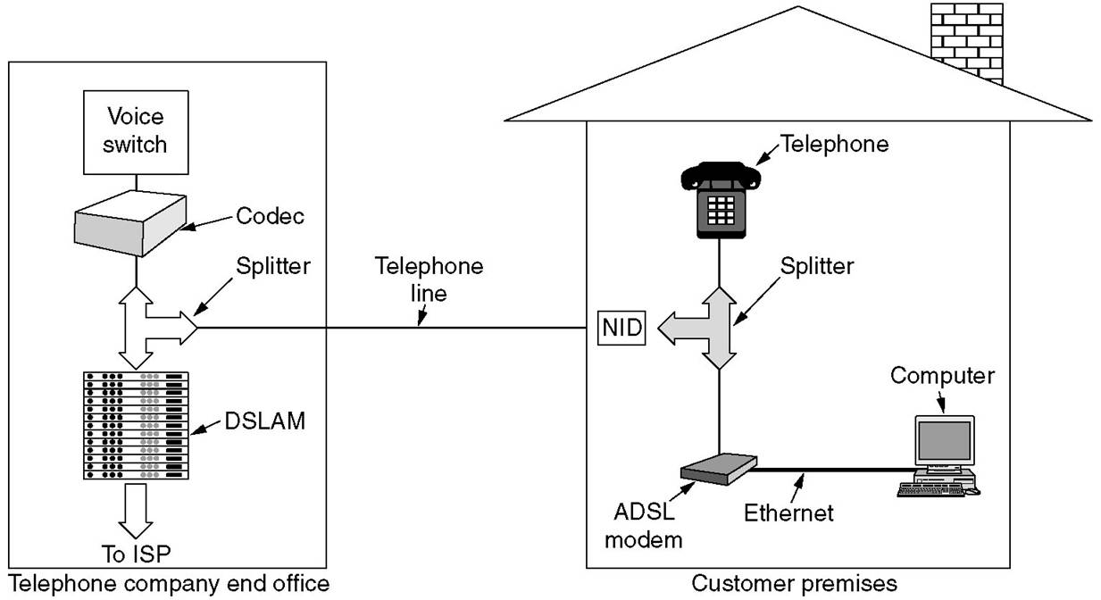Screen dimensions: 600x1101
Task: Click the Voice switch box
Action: [135, 130]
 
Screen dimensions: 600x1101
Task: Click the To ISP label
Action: [136, 554]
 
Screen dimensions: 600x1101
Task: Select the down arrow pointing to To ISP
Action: [136, 509]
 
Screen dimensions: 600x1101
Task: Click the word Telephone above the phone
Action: [834, 143]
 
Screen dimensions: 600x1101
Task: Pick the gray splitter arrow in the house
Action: [714, 329]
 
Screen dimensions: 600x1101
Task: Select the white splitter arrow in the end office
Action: [152, 326]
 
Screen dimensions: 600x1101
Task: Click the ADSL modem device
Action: [717, 469]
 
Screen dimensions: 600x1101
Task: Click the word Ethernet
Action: [788, 512]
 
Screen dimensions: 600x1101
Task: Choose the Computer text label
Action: [942, 375]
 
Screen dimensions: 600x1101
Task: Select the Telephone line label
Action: [429, 279]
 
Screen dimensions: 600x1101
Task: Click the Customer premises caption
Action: [795, 584]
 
